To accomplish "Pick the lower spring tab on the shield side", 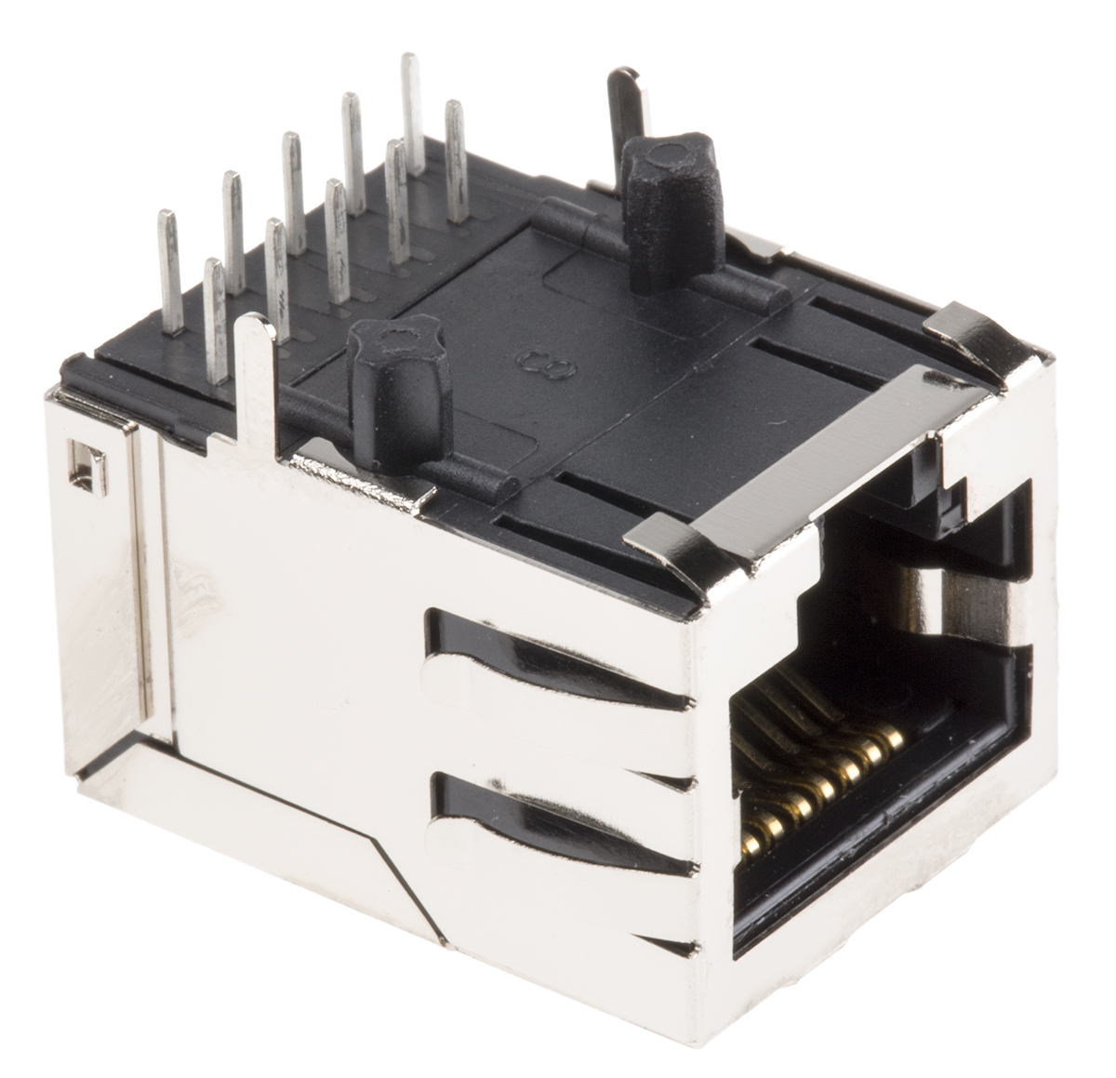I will pos(558,828).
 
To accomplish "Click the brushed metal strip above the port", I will pos(818,456).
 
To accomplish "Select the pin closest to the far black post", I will pos(455,158).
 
